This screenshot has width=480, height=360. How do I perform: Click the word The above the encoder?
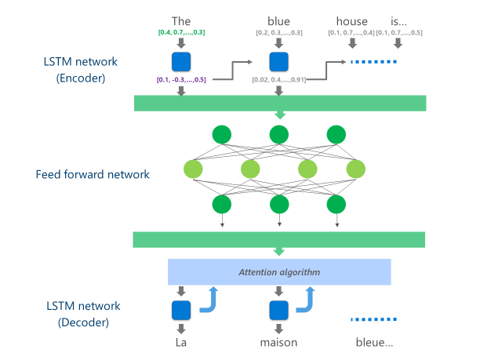point(182,21)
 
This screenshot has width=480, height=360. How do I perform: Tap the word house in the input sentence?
point(351,21)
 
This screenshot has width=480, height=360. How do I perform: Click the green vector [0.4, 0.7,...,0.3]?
point(182,32)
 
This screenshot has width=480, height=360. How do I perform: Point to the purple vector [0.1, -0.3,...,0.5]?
point(181,80)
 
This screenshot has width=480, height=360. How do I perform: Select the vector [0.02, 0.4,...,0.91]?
point(279,80)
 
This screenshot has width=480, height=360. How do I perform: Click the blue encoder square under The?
point(182,60)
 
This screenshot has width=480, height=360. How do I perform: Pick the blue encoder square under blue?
point(278,60)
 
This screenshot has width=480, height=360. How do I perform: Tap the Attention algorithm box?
point(278,271)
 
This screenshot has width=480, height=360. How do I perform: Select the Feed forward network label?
point(93,174)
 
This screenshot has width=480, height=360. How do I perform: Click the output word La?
point(182,343)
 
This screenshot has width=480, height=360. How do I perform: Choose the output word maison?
point(278,343)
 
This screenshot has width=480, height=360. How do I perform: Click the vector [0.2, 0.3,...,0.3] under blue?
point(278,32)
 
